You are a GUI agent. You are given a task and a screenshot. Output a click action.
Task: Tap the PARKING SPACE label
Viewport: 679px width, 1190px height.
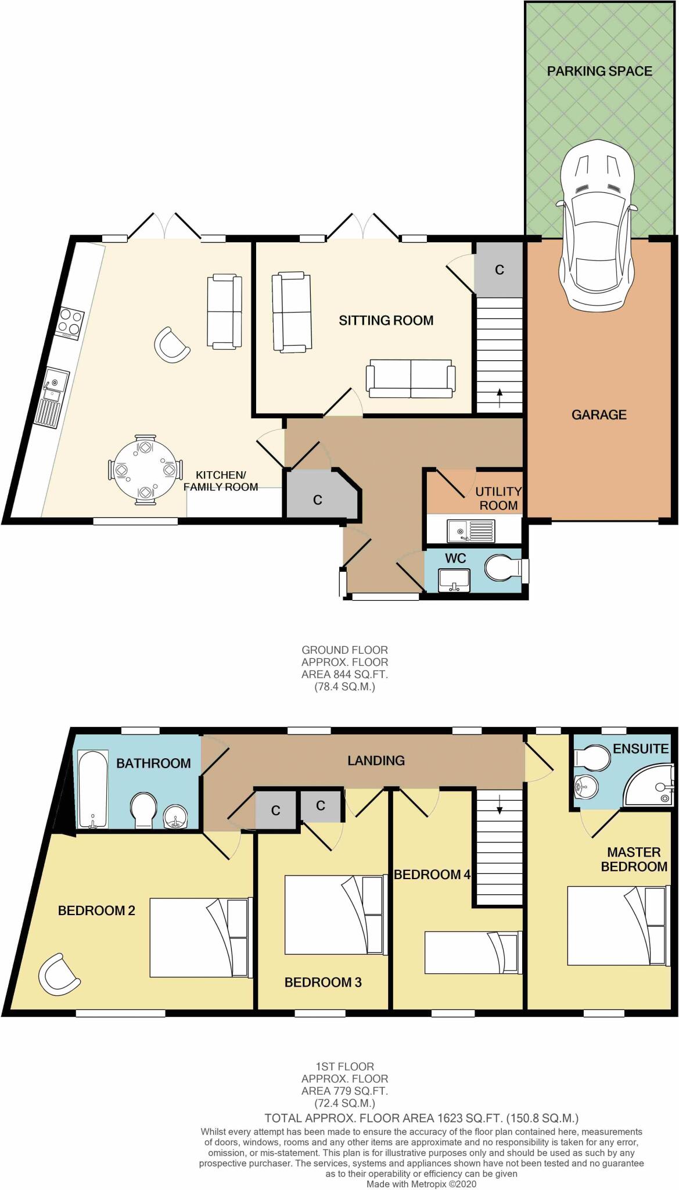click(x=599, y=71)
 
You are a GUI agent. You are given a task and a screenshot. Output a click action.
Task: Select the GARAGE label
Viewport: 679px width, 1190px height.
click(x=599, y=415)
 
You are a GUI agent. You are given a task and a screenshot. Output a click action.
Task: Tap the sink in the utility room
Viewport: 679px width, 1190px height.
click(x=470, y=531)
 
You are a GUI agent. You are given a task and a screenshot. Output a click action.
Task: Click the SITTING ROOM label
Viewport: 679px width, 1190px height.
click(x=386, y=320)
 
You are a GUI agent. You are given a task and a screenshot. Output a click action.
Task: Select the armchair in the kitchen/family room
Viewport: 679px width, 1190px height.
click(x=171, y=345)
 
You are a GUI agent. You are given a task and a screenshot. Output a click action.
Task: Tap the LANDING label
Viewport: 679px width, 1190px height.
click(x=376, y=761)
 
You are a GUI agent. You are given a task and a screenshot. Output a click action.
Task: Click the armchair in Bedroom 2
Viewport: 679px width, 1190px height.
click(x=59, y=975)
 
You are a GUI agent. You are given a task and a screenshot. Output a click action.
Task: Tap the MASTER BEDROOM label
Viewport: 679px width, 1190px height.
click(x=634, y=859)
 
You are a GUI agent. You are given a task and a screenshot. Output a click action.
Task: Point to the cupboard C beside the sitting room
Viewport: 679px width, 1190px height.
click(x=499, y=270)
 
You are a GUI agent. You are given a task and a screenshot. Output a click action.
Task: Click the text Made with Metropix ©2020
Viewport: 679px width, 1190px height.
click(x=421, y=1184)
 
